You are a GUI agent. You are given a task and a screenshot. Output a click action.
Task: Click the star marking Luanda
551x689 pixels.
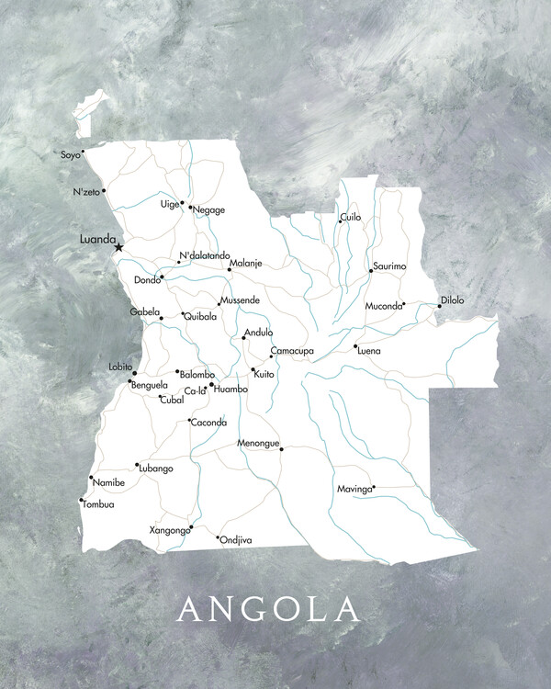point(118,247)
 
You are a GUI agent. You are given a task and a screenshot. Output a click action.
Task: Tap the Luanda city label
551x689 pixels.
point(97,239)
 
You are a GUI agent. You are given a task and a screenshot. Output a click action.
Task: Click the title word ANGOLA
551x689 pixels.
point(269,608)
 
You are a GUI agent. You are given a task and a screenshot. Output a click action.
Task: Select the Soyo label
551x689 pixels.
point(70,155)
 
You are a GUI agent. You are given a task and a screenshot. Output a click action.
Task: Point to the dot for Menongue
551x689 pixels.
point(282,449)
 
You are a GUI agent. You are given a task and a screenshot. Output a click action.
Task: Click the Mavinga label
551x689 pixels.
point(354,489)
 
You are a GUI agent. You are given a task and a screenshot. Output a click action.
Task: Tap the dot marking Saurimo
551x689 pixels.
point(371,270)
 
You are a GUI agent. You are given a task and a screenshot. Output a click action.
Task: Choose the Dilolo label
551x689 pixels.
point(453,300)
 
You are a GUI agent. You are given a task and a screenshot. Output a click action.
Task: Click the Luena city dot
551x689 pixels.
point(355,346)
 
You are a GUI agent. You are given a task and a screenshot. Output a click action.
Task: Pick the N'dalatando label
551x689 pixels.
point(205,255)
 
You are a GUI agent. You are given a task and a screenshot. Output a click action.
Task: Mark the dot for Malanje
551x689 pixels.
point(230,269)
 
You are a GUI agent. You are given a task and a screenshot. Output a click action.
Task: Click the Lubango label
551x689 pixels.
point(156,469)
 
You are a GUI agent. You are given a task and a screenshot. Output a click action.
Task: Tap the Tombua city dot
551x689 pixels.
point(82,500)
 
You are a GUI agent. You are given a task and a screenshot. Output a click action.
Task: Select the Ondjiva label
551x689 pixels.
point(236,540)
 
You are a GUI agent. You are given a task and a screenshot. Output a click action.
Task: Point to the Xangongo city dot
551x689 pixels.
point(190,527)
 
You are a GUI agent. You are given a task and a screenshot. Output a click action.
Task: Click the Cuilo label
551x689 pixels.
point(351,218)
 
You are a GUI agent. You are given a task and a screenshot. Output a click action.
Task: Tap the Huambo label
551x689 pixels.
point(231,390)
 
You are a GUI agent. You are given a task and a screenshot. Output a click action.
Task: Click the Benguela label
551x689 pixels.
point(150,385)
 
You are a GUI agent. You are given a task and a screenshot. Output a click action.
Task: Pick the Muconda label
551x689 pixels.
point(383,305)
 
